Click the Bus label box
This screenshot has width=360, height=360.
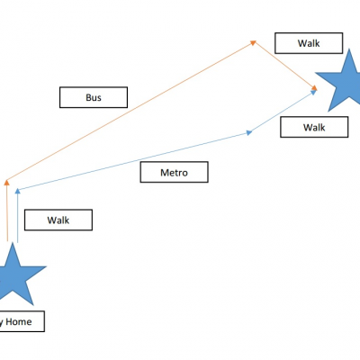coord(94,97)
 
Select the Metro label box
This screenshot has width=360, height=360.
coord(175,172)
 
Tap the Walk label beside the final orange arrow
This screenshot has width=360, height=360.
coord(309,43)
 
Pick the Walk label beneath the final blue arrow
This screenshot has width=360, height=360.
coord(314,127)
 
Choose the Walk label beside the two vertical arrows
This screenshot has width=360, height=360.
coord(58,220)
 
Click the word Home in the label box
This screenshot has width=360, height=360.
coord(19,321)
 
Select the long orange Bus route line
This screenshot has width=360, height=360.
coord(130,111)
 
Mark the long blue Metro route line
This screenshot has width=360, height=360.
coord(134,161)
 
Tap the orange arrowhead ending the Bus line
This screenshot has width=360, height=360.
coord(254,43)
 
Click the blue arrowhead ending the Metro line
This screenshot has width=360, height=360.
coord(249,132)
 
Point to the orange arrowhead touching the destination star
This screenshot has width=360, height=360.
coord(314,87)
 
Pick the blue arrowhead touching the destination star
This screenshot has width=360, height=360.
coord(313,92)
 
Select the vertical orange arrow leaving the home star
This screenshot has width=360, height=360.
coord(6,210)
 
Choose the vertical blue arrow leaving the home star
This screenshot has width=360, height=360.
coord(18,215)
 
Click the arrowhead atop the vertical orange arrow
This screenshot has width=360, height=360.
coord(6,182)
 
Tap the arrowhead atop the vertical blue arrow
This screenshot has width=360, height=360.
coord(18,191)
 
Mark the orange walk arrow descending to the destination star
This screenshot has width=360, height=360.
coord(285,66)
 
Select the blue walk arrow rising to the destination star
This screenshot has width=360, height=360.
coord(283,111)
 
